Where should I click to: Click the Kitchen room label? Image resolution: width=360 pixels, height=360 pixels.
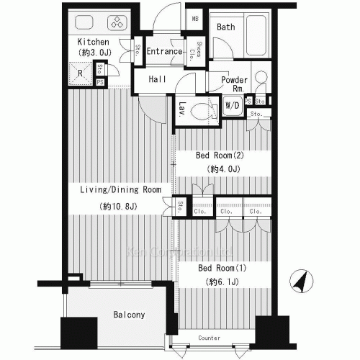pos(93,42)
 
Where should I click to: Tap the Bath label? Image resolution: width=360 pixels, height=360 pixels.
pos(226,27)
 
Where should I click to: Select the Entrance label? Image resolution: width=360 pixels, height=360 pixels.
pos(164,52)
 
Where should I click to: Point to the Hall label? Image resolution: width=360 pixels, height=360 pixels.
pos(158,80)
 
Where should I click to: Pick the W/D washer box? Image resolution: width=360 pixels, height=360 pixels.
pos(233,105)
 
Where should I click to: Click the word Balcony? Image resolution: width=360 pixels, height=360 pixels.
pos(130,315)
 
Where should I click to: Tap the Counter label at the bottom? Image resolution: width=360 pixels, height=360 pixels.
pos(209,337)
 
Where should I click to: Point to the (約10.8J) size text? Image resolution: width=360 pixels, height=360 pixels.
pos(119,207)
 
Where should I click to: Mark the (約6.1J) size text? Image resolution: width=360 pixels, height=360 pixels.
pos(223,282)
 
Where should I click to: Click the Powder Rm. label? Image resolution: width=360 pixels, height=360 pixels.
pos(235,84)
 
